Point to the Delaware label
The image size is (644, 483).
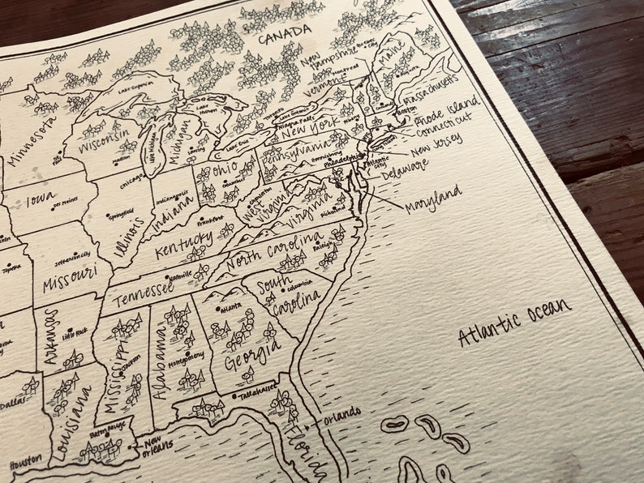coord(405,168)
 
